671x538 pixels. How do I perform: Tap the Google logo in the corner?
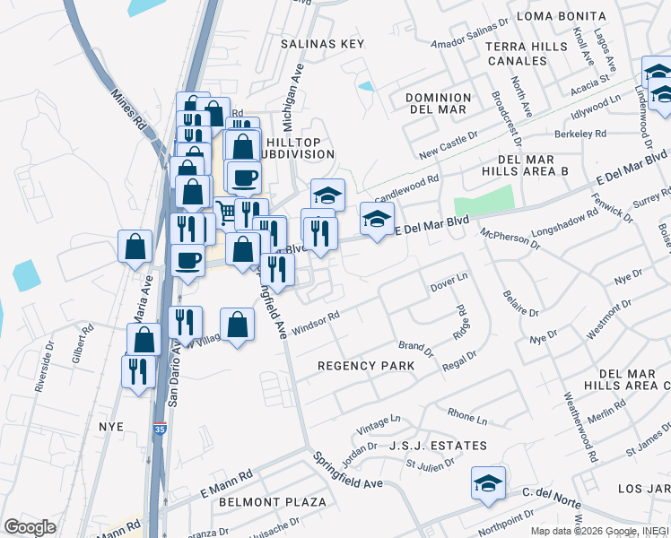point(30,527)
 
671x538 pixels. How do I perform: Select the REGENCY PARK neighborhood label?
point(366,366)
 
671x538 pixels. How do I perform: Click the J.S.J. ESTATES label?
point(438,446)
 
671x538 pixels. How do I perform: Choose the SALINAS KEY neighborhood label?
point(322,44)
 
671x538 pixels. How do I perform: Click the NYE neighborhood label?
point(111,427)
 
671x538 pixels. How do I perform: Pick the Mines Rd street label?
point(127,109)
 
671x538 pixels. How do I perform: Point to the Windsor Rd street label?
point(315,322)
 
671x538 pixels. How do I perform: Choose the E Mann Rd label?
point(227,486)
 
